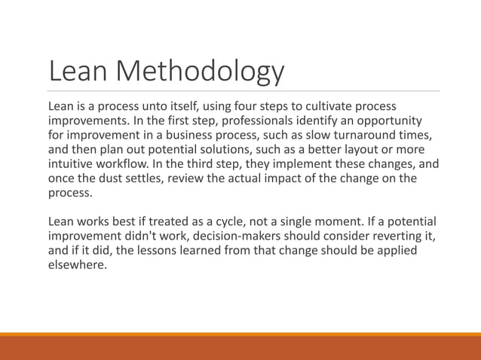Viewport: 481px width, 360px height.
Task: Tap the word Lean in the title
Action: click(78, 72)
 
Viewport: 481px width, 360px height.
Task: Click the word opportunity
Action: click(381, 121)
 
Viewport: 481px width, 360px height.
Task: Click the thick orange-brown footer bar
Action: click(240, 348)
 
